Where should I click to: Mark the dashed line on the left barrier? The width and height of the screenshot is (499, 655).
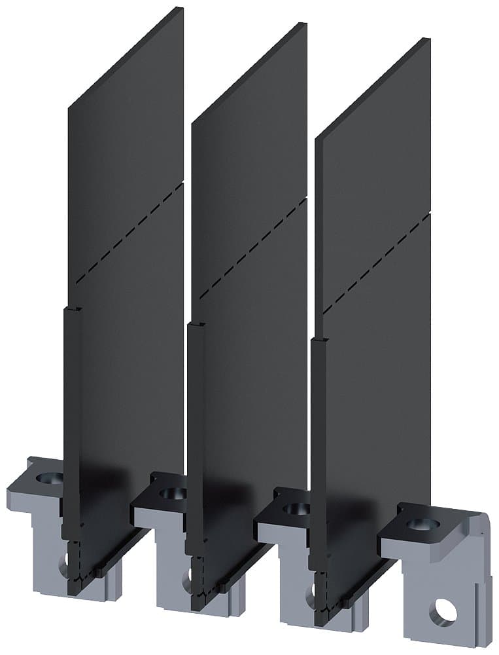(x=127, y=233)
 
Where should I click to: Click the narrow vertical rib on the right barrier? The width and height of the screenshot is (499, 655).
(x=318, y=445)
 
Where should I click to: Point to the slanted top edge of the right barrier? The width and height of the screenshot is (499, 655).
(x=373, y=88)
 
